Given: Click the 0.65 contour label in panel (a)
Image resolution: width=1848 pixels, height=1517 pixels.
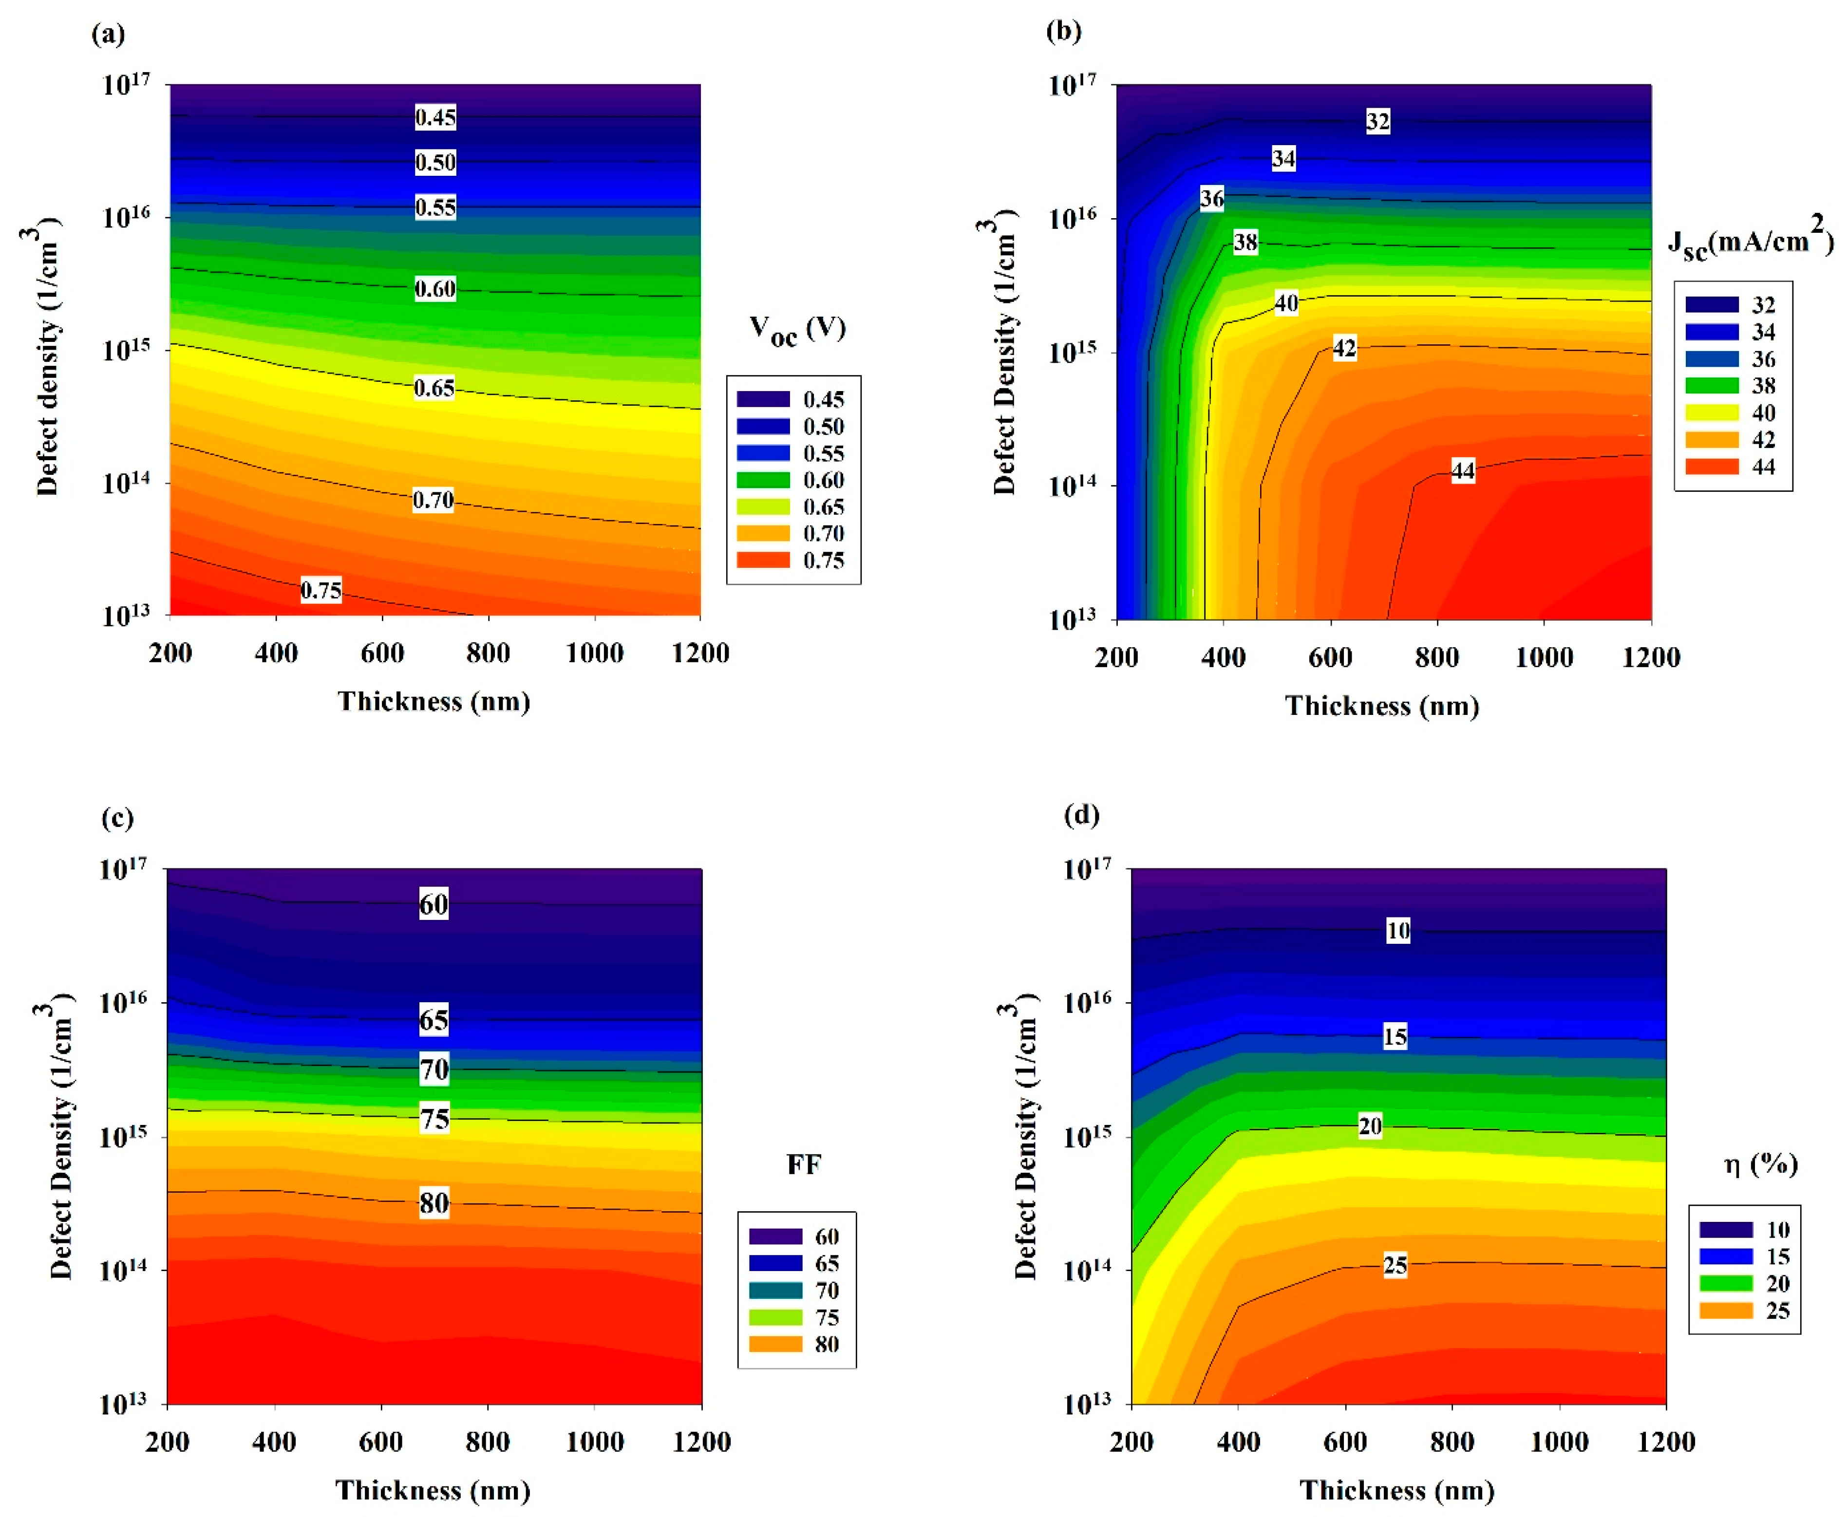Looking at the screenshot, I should point(434,388).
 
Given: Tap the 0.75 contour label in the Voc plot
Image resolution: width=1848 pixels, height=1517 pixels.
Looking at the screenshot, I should point(321,591).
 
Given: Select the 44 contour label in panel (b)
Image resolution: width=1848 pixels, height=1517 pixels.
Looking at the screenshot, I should point(1463,471).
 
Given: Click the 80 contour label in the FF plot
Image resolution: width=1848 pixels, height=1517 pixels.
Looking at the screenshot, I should point(434,1203).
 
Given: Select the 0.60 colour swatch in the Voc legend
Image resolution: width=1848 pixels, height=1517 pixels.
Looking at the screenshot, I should point(763,480).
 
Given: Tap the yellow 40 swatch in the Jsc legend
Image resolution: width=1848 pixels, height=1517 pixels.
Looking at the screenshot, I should point(1712,412).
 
